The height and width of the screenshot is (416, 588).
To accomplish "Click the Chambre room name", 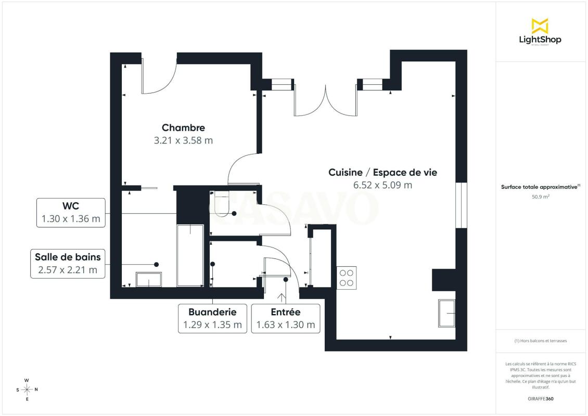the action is tap(183, 128).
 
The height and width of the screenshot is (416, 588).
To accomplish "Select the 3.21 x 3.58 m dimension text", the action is tap(183, 140).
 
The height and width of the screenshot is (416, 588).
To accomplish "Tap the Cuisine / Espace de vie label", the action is tap(383, 173).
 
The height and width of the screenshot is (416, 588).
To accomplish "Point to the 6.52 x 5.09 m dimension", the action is tap(383, 185).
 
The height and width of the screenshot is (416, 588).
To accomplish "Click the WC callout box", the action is tap(71, 213).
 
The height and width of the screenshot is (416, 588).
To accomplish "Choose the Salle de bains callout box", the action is tap(68, 264).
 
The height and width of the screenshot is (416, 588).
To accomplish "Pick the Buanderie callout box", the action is tap(213, 319).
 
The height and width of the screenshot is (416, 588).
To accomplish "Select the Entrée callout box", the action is tap(286, 319).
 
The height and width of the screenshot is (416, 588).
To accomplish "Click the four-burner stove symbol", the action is tap(347, 278).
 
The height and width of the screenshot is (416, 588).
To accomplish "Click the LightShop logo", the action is tap(540, 32).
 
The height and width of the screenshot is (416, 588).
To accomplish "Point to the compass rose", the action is tap(27, 390).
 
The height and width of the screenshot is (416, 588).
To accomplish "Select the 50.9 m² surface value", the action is tap(540, 197).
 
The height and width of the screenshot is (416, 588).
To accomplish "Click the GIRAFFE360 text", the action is tap(540, 399).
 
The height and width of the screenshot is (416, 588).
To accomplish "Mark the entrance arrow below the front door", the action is tap(281, 298).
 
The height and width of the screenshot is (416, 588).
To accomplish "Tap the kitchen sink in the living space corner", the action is tap(447, 313).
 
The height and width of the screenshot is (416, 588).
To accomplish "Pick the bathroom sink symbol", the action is tap(149, 280).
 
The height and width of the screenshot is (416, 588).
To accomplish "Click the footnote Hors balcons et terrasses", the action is tap(541, 341).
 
